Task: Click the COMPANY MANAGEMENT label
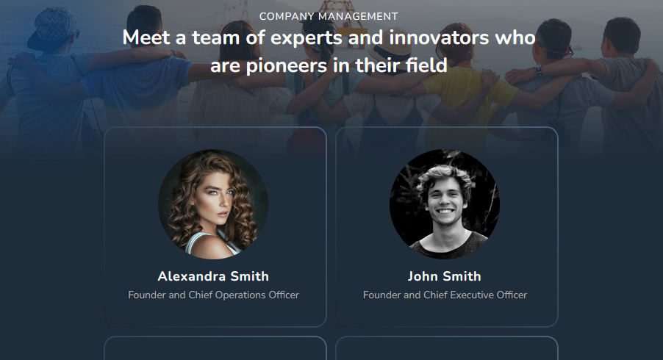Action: pos(329,16)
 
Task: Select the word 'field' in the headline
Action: pos(426,65)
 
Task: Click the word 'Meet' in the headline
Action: pos(146,37)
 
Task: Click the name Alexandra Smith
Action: pos(213,276)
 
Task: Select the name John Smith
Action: pos(445,276)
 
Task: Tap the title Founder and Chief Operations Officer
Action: pos(214,295)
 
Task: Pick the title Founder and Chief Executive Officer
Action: pos(445,295)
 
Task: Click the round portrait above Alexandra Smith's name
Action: pos(213,204)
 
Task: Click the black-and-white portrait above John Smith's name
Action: pos(445,204)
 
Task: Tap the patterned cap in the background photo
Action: pos(53,26)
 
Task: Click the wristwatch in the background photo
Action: pos(539,71)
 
